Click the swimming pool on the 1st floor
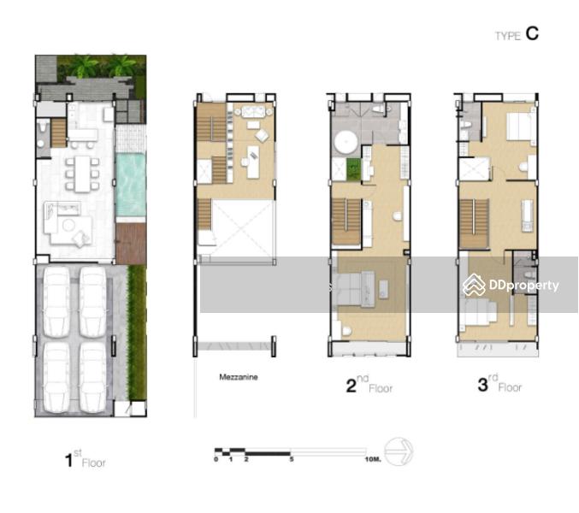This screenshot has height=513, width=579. click(x=131, y=185)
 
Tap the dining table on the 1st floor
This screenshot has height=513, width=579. click(x=82, y=174)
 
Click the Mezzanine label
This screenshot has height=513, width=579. click(x=239, y=377)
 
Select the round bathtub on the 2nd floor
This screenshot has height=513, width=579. click(x=346, y=143)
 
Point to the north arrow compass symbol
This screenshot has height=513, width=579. click(x=399, y=451)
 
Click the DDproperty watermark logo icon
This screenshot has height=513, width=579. click(x=474, y=285)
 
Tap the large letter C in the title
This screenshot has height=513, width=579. click(x=532, y=33)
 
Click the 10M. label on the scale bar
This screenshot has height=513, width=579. click(x=373, y=459)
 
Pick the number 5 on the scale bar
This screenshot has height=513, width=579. click(x=292, y=459)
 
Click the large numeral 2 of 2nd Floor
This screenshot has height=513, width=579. click(x=352, y=386)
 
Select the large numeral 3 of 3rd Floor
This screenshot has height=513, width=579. click(x=482, y=385)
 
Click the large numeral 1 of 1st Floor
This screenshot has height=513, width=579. click(x=68, y=460)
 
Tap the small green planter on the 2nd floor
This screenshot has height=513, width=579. click(x=354, y=169)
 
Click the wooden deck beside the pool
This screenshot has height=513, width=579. click(x=131, y=244)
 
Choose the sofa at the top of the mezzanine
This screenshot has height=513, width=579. click(x=254, y=111)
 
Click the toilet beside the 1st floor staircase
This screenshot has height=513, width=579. click(x=43, y=126)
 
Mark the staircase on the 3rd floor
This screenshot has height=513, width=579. click(x=474, y=224)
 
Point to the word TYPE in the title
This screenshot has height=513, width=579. click(x=508, y=36)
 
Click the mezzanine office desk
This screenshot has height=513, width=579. click(x=253, y=162)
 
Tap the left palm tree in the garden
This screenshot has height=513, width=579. click(x=86, y=66)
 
